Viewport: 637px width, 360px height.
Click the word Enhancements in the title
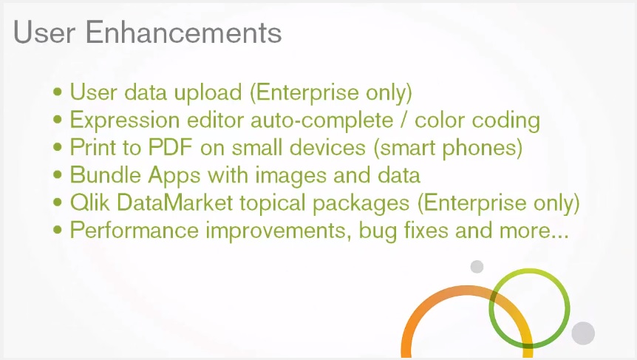point(183,32)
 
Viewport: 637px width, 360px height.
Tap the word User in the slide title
point(44,32)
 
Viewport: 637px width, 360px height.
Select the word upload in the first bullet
point(208,93)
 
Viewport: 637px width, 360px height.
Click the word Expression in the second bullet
point(125,120)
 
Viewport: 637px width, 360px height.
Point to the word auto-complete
point(321,120)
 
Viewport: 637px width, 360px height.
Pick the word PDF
point(170,147)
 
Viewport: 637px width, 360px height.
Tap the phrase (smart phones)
point(448,148)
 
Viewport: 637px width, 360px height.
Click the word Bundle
point(105,175)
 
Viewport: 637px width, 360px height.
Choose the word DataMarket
point(174,203)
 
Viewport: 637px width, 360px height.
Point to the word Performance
point(134,231)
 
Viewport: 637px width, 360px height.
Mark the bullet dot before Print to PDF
point(58,147)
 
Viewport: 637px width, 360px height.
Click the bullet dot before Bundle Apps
point(58,174)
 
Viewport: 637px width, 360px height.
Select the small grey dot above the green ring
point(477,267)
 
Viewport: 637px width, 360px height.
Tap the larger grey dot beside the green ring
point(583,333)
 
